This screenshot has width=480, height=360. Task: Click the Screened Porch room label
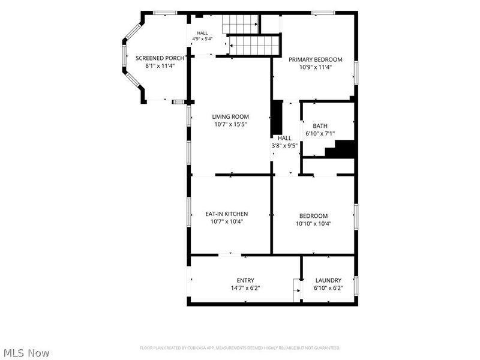point(160,58)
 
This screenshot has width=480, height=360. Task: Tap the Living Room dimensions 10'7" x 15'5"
point(230,124)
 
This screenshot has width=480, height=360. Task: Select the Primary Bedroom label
point(316,59)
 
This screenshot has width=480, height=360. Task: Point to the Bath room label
point(320,126)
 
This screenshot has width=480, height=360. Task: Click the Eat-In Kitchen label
point(227,214)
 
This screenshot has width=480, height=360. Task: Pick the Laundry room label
point(328,280)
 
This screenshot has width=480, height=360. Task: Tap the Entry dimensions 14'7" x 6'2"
point(245,288)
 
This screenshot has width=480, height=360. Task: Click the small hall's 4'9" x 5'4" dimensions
point(202,39)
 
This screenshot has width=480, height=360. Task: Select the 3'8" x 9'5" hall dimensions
point(284,146)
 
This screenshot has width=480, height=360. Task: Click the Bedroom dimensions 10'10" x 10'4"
point(313,223)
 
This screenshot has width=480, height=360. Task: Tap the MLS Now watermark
point(26,353)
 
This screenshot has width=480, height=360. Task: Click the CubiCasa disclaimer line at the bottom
point(239,348)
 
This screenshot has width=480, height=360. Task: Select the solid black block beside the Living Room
point(277,118)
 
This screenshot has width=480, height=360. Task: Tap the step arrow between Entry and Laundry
point(297,290)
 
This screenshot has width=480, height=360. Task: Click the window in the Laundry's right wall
point(356,286)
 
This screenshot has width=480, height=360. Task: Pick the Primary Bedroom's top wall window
point(323,13)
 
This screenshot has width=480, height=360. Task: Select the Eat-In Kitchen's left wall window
point(189,212)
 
